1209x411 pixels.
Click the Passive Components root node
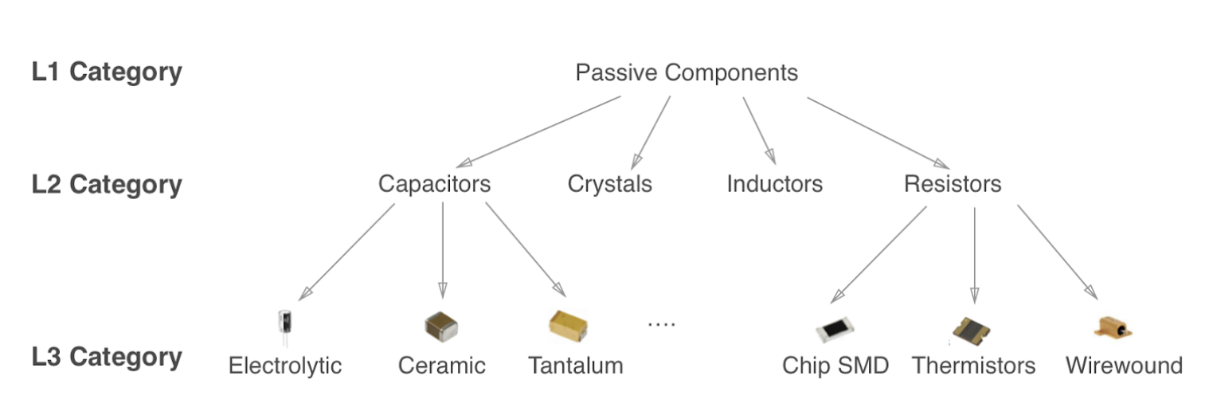(x=687, y=73)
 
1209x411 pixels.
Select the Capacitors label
(x=434, y=184)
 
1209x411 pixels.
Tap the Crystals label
(x=609, y=184)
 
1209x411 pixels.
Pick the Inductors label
(x=774, y=184)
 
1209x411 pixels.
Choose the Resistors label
(x=953, y=184)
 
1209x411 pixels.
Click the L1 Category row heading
(x=107, y=72)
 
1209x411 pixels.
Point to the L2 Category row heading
(x=107, y=184)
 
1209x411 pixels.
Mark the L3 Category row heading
(x=107, y=357)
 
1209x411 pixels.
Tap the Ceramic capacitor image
(x=441, y=325)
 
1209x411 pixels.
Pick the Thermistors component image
(x=972, y=329)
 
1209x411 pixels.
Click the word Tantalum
(x=575, y=366)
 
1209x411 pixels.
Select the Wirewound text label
(x=1124, y=366)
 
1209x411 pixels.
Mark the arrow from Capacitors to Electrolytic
(x=348, y=250)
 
